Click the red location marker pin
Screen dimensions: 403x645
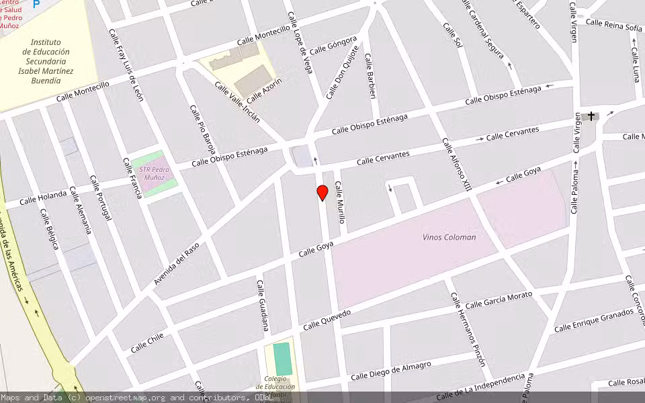322,193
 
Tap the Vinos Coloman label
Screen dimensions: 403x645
449,237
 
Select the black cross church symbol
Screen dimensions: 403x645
591,116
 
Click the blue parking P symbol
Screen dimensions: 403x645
36,3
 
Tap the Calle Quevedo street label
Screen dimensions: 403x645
327,320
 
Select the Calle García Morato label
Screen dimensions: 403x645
499,300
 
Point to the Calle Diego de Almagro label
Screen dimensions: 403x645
391,371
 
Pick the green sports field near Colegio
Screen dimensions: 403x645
283,359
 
